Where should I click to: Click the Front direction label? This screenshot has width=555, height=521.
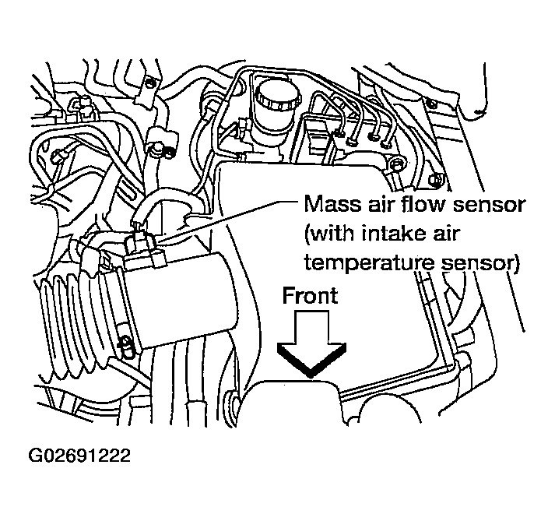pyautogui.click(x=310, y=296)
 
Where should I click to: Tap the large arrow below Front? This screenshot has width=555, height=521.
pyautogui.click(x=310, y=343)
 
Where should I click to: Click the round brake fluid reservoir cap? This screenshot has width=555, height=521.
pyautogui.click(x=273, y=97)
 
